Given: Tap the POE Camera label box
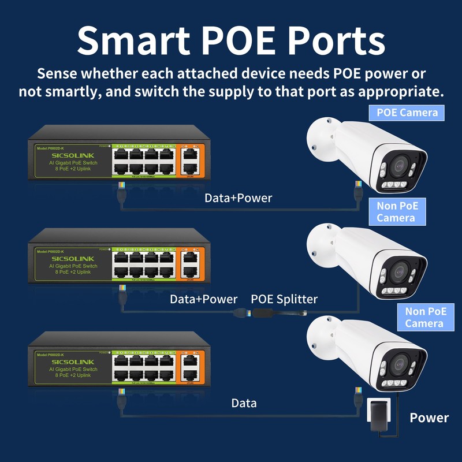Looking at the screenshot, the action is pos(407,112).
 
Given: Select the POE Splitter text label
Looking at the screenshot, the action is pos(284,299).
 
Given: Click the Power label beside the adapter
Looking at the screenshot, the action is pos(429,418).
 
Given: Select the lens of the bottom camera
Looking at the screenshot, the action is pos(398,364).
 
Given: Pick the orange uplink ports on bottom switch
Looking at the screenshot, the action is pos(189,367).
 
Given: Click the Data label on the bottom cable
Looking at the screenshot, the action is pos(244,403).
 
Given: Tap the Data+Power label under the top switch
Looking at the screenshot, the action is pos(238,198).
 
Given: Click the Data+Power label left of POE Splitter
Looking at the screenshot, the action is pos(203,299).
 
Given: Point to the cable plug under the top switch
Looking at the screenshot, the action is pos(121,188).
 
